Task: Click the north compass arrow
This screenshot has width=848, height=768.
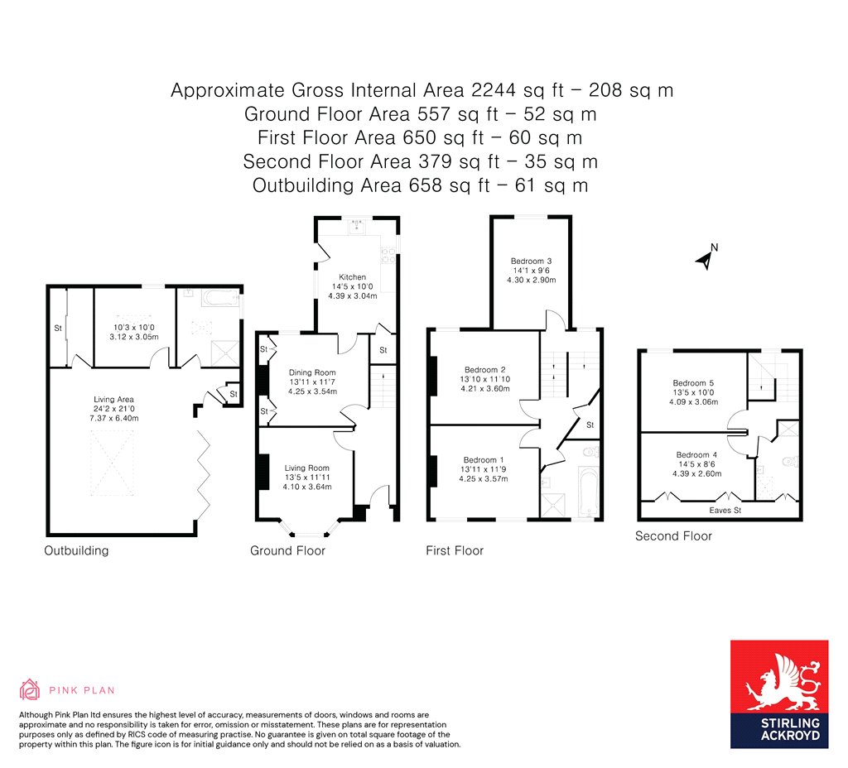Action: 705,259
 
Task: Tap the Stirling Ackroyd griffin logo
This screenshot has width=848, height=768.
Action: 778,681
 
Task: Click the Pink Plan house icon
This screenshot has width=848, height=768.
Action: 30,689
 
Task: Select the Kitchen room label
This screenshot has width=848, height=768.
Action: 352,277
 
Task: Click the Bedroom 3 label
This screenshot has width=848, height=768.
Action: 532,261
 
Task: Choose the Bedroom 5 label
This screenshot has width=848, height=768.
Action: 693,383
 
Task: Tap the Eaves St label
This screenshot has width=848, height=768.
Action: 725,511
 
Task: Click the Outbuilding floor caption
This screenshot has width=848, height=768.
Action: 76,550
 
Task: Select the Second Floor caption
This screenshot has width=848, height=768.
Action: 673,536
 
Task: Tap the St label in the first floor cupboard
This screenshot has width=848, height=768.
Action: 589,425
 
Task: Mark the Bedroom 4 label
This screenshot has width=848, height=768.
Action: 696,455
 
